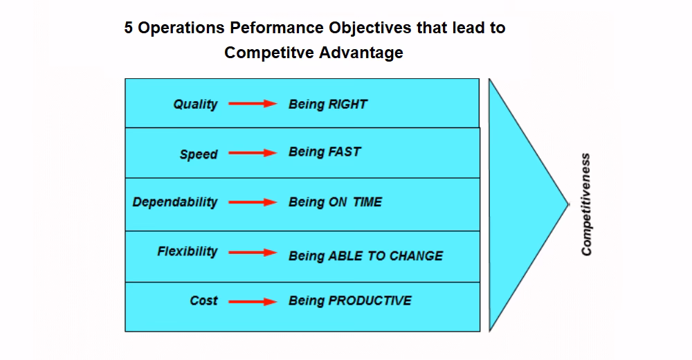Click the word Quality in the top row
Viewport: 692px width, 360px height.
(195, 105)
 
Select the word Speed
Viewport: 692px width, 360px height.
(199, 154)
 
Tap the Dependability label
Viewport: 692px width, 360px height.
(174, 202)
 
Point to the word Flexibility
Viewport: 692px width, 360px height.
(187, 251)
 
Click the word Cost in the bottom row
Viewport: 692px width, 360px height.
(203, 301)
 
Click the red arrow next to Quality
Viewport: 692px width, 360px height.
(253, 105)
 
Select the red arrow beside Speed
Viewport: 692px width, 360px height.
(253, 154)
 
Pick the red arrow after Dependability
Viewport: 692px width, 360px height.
(253, 203)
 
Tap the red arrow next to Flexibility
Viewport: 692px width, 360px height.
(253, 253)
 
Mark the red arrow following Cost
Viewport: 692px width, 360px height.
(253, 302)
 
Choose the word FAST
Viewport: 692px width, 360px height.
(344, 152)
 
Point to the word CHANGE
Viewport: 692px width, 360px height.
(416, 256)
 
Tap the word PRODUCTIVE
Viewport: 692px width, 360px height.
(370, 300)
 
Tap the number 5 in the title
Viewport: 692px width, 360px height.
(129, 28)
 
